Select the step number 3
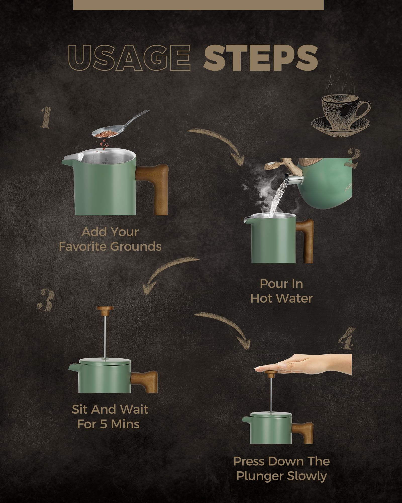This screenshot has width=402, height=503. [x=46, y=300]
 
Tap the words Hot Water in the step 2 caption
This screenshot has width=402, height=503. [x=281, y=299]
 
